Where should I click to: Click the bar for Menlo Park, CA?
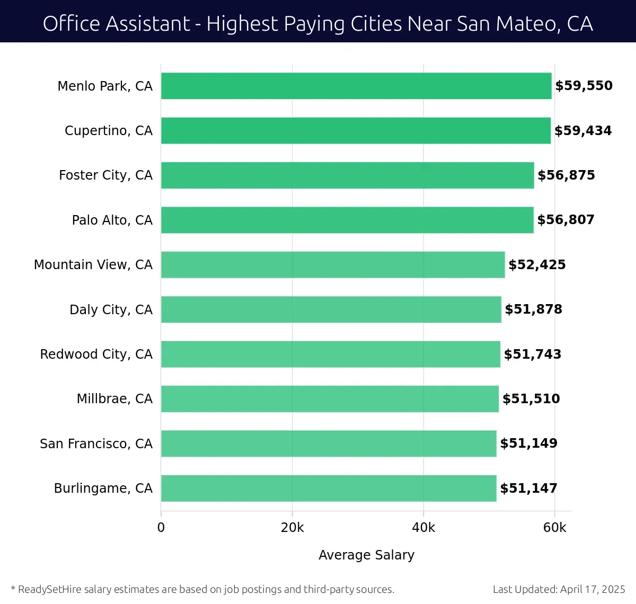tap(356, 86)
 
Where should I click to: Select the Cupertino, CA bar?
tap(356, 130)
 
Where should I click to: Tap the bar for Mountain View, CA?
tap(333, 264)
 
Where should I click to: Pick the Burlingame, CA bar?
tap(329, 488)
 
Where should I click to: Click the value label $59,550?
tap(584, 86)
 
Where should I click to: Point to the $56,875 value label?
tap(566, 175)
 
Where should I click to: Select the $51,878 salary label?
tap(533, 309)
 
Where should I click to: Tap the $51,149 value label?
tap(528, 443)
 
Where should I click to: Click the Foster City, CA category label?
tap(105, 175)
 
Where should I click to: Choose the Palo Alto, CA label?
tap(112, 220)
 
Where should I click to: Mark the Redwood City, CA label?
tap(96, 354)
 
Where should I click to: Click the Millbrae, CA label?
tap(114, 398)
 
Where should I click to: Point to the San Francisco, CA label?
tap(96, 443)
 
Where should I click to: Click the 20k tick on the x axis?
tap(292, 528)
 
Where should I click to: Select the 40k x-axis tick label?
tap(423, 528)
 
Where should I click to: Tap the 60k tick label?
tap(554, 528)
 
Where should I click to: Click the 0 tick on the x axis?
tap(161, 528)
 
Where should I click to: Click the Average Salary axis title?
tap(366, 555)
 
